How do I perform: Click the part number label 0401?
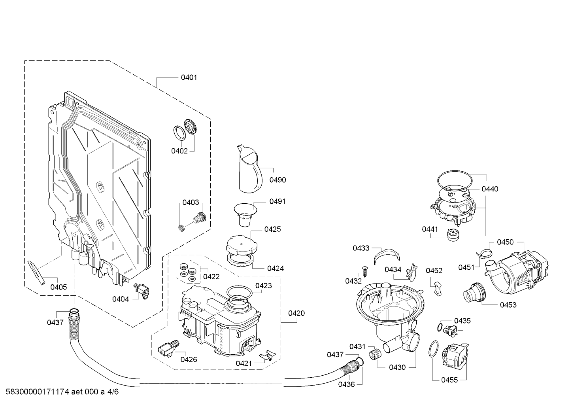189,78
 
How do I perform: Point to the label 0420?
296,313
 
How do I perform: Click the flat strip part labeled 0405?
36,272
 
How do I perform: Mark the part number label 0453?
508,305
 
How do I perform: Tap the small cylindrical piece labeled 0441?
453,235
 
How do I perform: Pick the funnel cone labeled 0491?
245,215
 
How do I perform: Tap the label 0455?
449,380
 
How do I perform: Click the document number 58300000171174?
38,392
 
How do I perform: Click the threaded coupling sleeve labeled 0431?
375,355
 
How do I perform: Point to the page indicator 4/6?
113,392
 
